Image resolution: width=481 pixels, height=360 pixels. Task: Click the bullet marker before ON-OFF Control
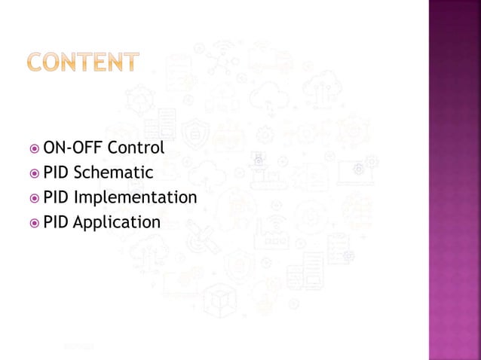point(35,148)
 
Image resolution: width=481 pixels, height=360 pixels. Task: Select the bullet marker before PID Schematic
point(35,174)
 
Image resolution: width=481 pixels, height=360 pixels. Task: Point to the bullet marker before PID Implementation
point(35,199)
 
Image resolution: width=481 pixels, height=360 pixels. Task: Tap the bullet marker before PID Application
point(35,223)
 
